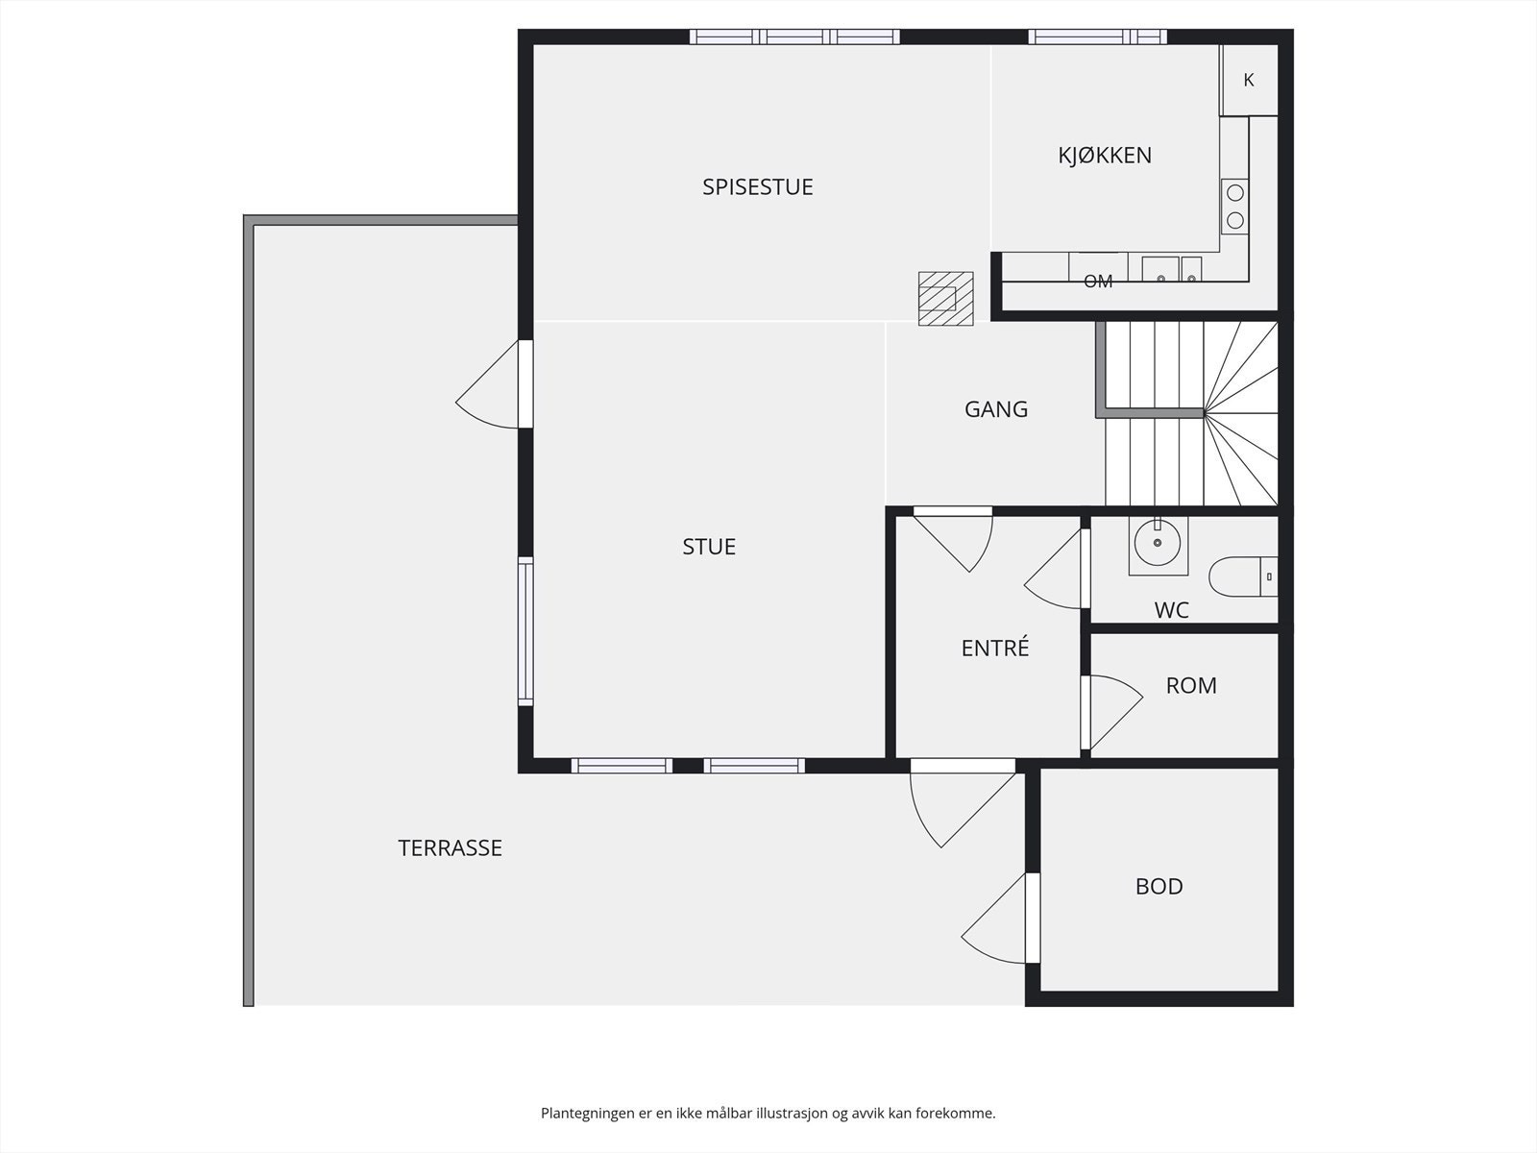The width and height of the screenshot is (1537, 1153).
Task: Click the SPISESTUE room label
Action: [x=758, y=187]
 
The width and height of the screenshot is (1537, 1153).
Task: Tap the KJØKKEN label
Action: [x=1105, y=155]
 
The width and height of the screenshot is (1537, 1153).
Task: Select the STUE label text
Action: [x=709, y=547]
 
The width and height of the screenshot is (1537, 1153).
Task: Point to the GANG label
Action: [x=996, y=409]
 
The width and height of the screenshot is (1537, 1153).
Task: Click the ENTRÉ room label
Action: [x=995, y=648]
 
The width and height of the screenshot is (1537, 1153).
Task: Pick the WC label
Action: [x=1171, y=610]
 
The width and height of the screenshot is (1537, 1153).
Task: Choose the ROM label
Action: [x=1191, y=685]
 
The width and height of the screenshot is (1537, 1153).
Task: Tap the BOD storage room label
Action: [x=1159, y=886]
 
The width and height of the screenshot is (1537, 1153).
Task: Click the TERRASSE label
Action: [x=450, y=847]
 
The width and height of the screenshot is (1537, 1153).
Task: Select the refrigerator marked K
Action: [x=1249, y=80]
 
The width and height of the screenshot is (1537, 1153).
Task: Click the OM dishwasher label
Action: [x=1097, y=282]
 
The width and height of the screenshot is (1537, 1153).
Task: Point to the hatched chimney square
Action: [x=945, y=298]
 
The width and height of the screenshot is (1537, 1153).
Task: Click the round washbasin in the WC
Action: [x=1158, y=543]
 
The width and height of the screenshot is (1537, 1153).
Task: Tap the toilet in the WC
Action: [x=1243, y=576]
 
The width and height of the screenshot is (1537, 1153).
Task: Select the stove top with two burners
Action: [x=1234, y=206]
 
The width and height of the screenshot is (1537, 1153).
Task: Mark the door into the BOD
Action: [x=1001, y=918]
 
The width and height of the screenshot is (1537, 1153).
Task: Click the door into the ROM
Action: [x=1112, y=713]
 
